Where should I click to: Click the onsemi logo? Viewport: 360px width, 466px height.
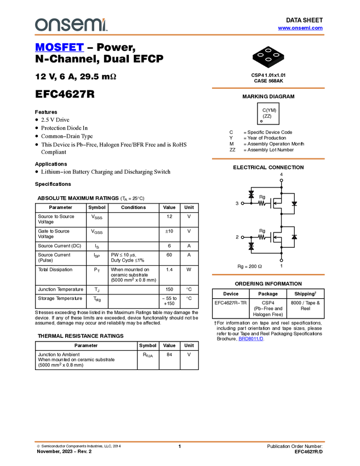[70, 25]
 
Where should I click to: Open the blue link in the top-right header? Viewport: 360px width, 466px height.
[300, 28]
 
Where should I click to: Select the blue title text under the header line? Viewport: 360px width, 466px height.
[59, 48]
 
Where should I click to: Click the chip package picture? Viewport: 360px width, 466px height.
[268, 56]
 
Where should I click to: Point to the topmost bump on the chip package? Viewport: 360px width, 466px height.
[268, 50]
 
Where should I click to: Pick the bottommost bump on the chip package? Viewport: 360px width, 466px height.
[268, 60]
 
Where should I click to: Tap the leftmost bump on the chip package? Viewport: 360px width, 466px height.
[260, 55]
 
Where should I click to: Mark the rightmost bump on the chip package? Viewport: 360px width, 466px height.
[277, 55]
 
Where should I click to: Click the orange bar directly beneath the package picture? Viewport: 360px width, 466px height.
[268, 88]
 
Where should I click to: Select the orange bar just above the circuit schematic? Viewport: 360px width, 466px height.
[268, 159]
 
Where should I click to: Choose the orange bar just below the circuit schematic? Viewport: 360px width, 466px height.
[268, 275]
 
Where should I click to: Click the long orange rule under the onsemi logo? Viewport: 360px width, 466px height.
[180, 35]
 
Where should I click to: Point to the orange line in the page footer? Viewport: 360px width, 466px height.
[180, 441]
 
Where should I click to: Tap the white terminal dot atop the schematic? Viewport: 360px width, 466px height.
[281, 180]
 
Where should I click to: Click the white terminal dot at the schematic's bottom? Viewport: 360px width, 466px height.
[281, 261]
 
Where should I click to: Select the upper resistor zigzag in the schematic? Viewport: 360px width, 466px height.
[262, 203]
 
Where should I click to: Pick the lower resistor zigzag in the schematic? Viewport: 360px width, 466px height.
[262, 237]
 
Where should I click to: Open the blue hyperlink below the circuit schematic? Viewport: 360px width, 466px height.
[251, 339]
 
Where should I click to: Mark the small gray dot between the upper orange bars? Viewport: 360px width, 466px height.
[261, 121]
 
